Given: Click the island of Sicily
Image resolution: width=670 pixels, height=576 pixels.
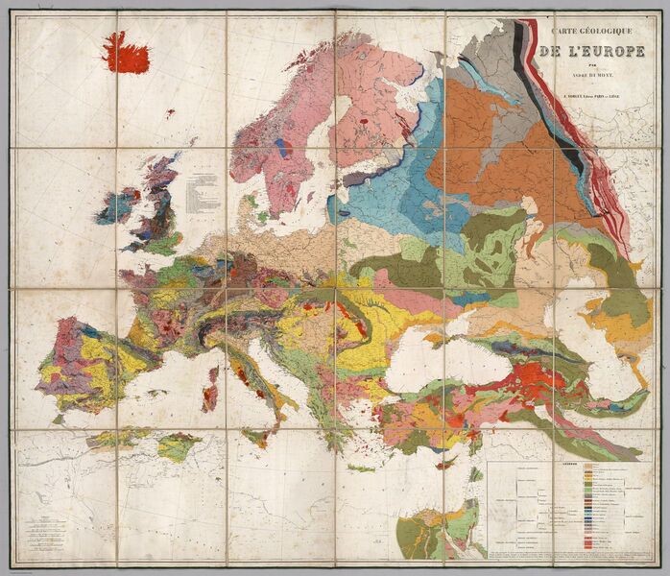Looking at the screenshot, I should point(260,437).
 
